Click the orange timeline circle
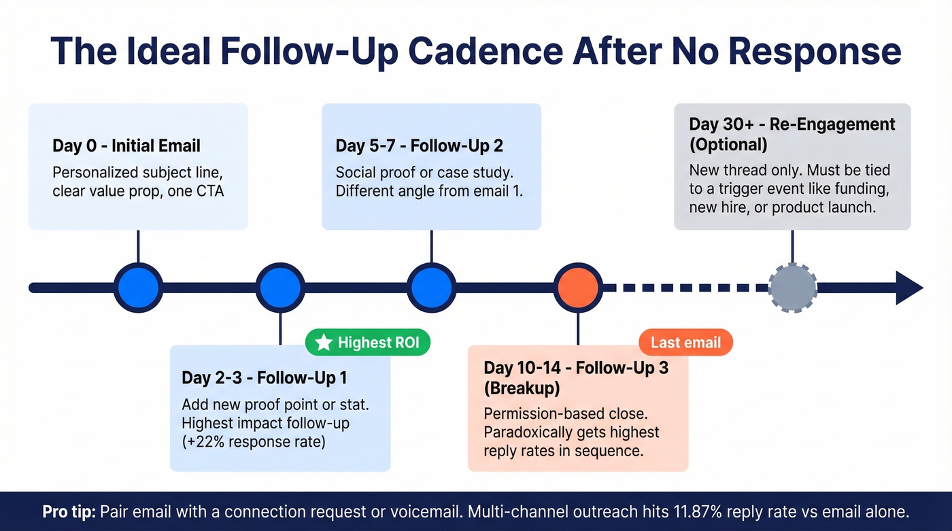pyautogui.click(x=577, y=288)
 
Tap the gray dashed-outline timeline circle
pyautogui.click(x=792, y=288)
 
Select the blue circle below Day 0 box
pyautogui.click(x=138, y=288)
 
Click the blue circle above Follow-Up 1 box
pyautogui.click(x=280, y=288)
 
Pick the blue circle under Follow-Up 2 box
pyautogui.click(x=431, y=288)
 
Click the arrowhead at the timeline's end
pyautogui.click(x=908, y=288)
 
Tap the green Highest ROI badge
pyautogui.click(x=368, y=343)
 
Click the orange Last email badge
pyautogui.click(x=685, y=342)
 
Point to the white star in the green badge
pyautogui.click(x=324, y=343)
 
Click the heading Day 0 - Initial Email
pyautogui.click(x=126, y=146)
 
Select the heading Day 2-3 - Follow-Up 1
pyautogui.click(x=264, y=377)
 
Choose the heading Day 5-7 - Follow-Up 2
pyautogui.click(x=419, y=146)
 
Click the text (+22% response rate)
pyautogui.click(x=254, y=442)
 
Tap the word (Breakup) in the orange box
pyautogui.click(x=521, y=388)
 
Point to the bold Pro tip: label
pyautogui.click(x=69, y=511)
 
